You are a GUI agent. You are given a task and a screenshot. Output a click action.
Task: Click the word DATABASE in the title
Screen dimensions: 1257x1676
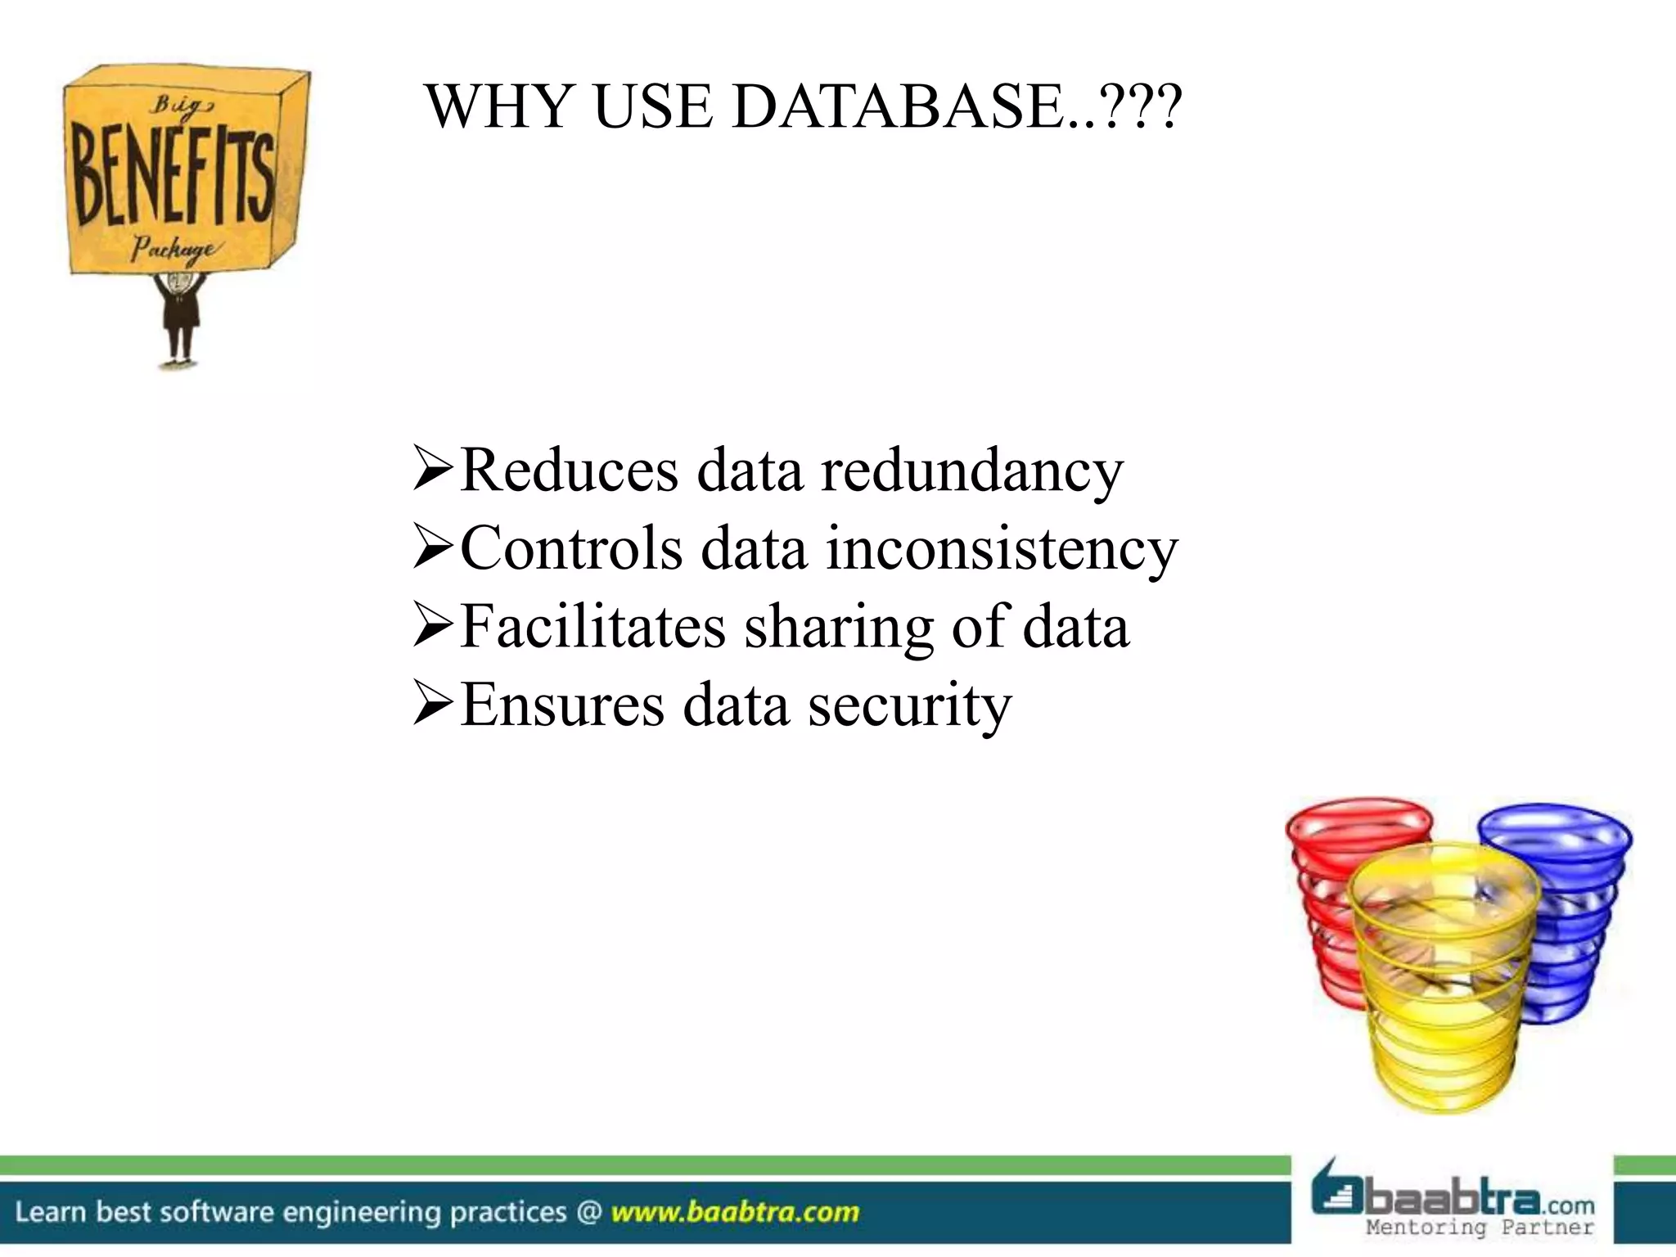tap(900, 107)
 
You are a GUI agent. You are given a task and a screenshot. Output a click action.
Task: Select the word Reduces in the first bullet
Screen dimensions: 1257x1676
tap(570, 471)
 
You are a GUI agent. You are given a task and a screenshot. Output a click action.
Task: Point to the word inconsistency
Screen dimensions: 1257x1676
tap(1002, 549)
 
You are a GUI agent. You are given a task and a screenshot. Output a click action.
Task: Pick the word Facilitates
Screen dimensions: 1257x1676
tap(592, 627)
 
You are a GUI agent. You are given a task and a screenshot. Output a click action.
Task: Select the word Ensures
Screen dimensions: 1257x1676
tap(562, 705)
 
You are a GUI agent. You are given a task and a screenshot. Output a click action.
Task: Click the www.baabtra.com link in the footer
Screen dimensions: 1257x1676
tap(735, 1211)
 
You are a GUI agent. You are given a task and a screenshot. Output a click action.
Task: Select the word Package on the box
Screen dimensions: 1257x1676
tap(173, 248)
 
